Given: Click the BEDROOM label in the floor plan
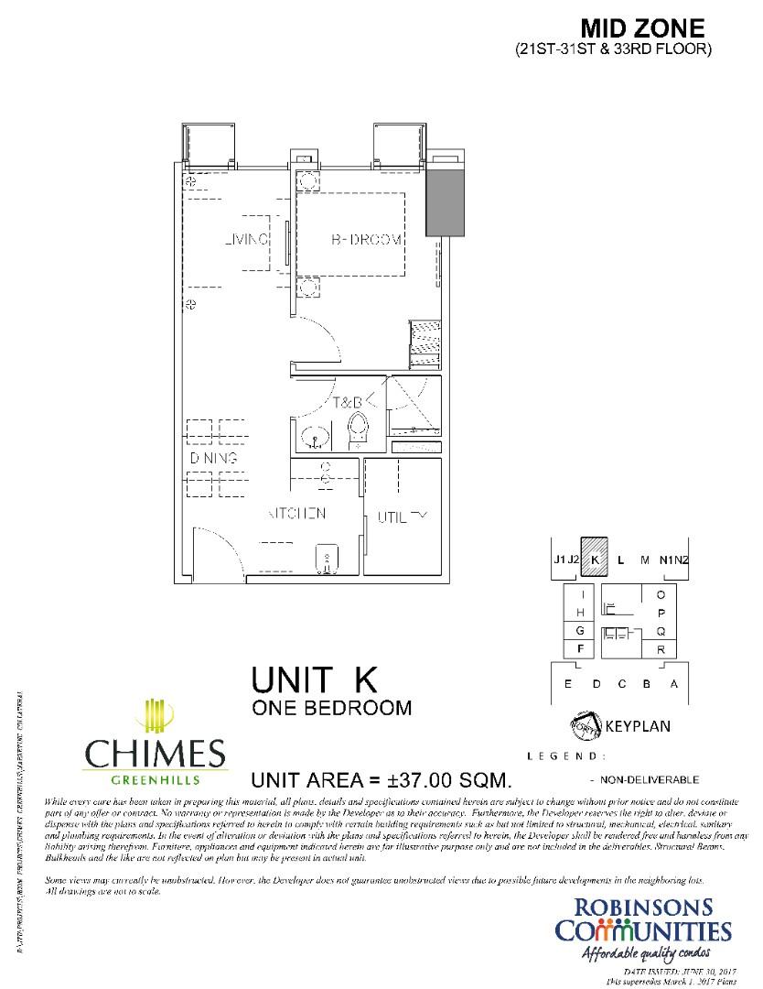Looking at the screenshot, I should click(366, 240).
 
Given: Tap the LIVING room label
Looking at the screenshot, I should click(246, 240).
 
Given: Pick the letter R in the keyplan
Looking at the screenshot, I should click(661, 649).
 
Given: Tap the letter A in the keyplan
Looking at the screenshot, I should click(674, 684).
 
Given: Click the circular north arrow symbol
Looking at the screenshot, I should click(586, 726).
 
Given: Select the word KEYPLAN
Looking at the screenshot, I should click(638, 727).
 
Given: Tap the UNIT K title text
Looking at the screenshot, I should click(314, 680).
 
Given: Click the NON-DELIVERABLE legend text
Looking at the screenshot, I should click(650, 779).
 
